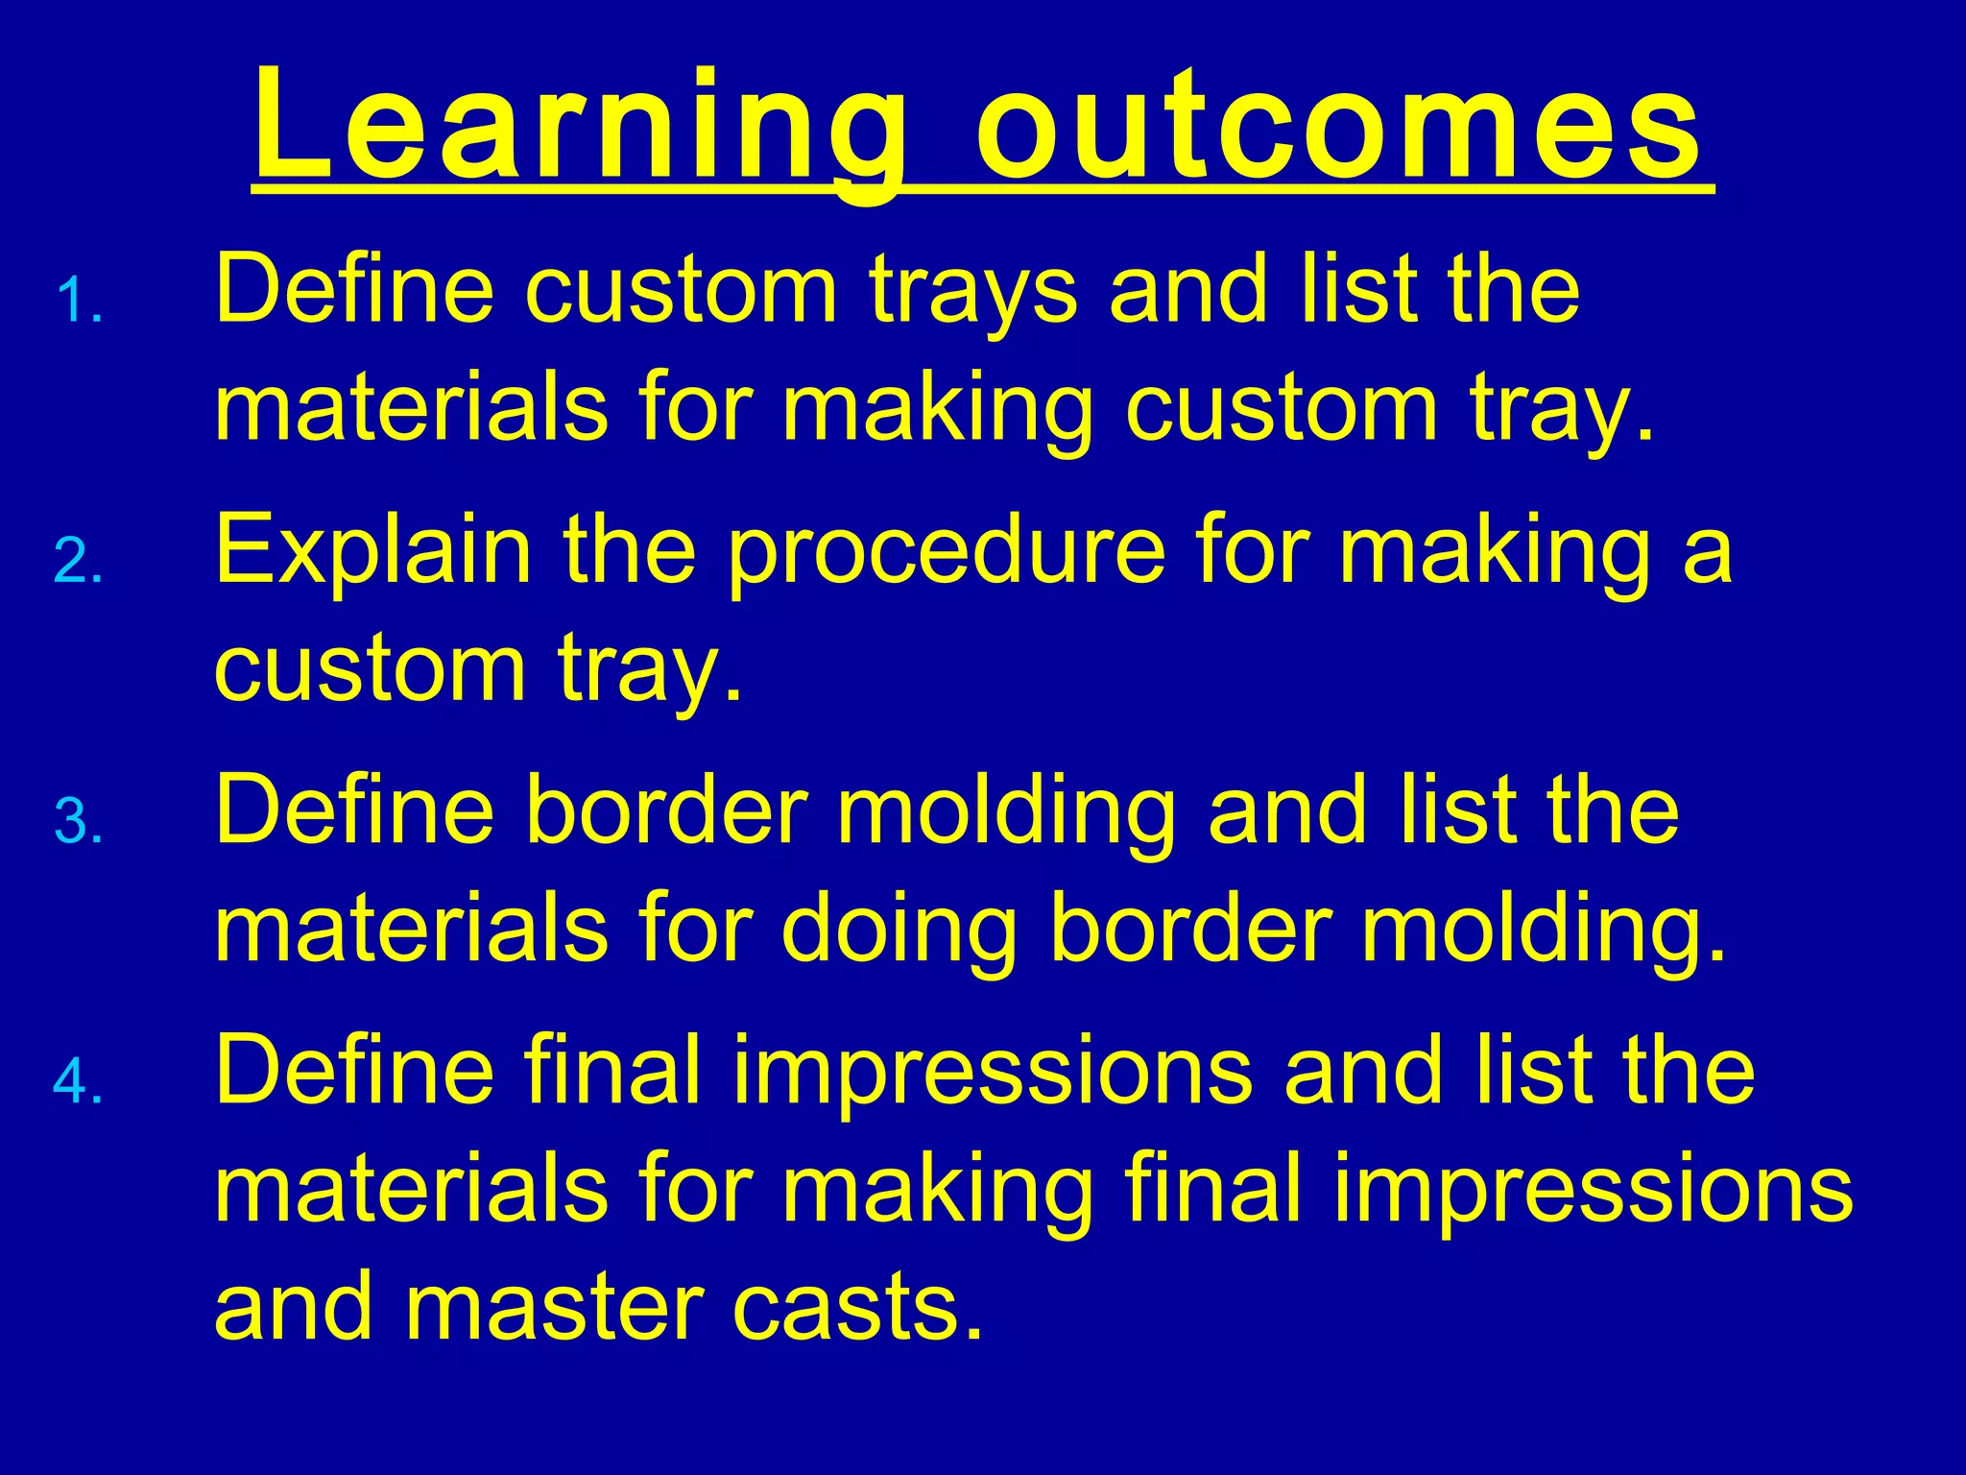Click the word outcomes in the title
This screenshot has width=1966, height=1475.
tap(1339, 130)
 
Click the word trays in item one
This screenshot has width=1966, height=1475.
tap(973, 293)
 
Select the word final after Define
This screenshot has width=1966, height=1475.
tap(613, 1071)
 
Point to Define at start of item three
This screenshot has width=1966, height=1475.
tap(354, 811)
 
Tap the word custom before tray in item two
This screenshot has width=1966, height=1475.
tap(370, 669)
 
